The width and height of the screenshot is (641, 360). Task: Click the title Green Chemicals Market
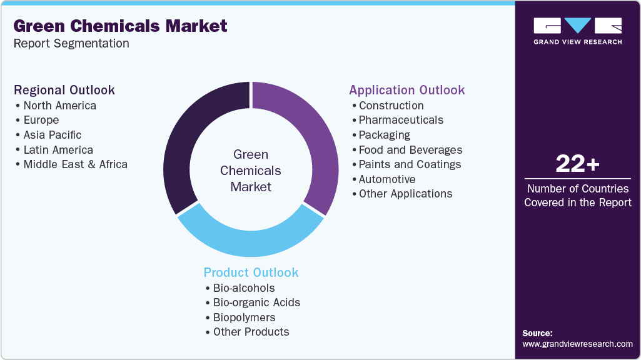tap(121, 26)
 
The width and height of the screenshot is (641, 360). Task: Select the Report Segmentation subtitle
tap(71, 44)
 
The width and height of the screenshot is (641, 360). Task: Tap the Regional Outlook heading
tap(64, 90)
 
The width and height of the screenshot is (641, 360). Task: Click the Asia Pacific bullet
tap(53, 135)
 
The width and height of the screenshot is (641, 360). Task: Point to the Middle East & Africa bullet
tap(75, 164)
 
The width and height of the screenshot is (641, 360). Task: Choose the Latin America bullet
tap(58, 150)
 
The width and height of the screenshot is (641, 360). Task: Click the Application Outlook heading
tap(407, 90)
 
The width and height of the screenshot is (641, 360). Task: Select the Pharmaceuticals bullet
tap(401, 120)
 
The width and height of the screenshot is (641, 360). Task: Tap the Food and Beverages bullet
tap(410, 150)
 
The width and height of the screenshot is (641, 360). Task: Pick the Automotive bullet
tap(387, 179)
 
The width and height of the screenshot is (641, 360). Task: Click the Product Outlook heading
tap(251, 272)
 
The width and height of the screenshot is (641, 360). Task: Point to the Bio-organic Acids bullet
tap(256, 302)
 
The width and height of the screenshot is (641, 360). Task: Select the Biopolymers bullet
tap(244, 317)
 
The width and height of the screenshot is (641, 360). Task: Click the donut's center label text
tap(251, 170)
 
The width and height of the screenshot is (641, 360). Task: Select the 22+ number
tap(577, 164)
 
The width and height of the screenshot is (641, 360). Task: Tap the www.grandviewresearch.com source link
tap(577, 344)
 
